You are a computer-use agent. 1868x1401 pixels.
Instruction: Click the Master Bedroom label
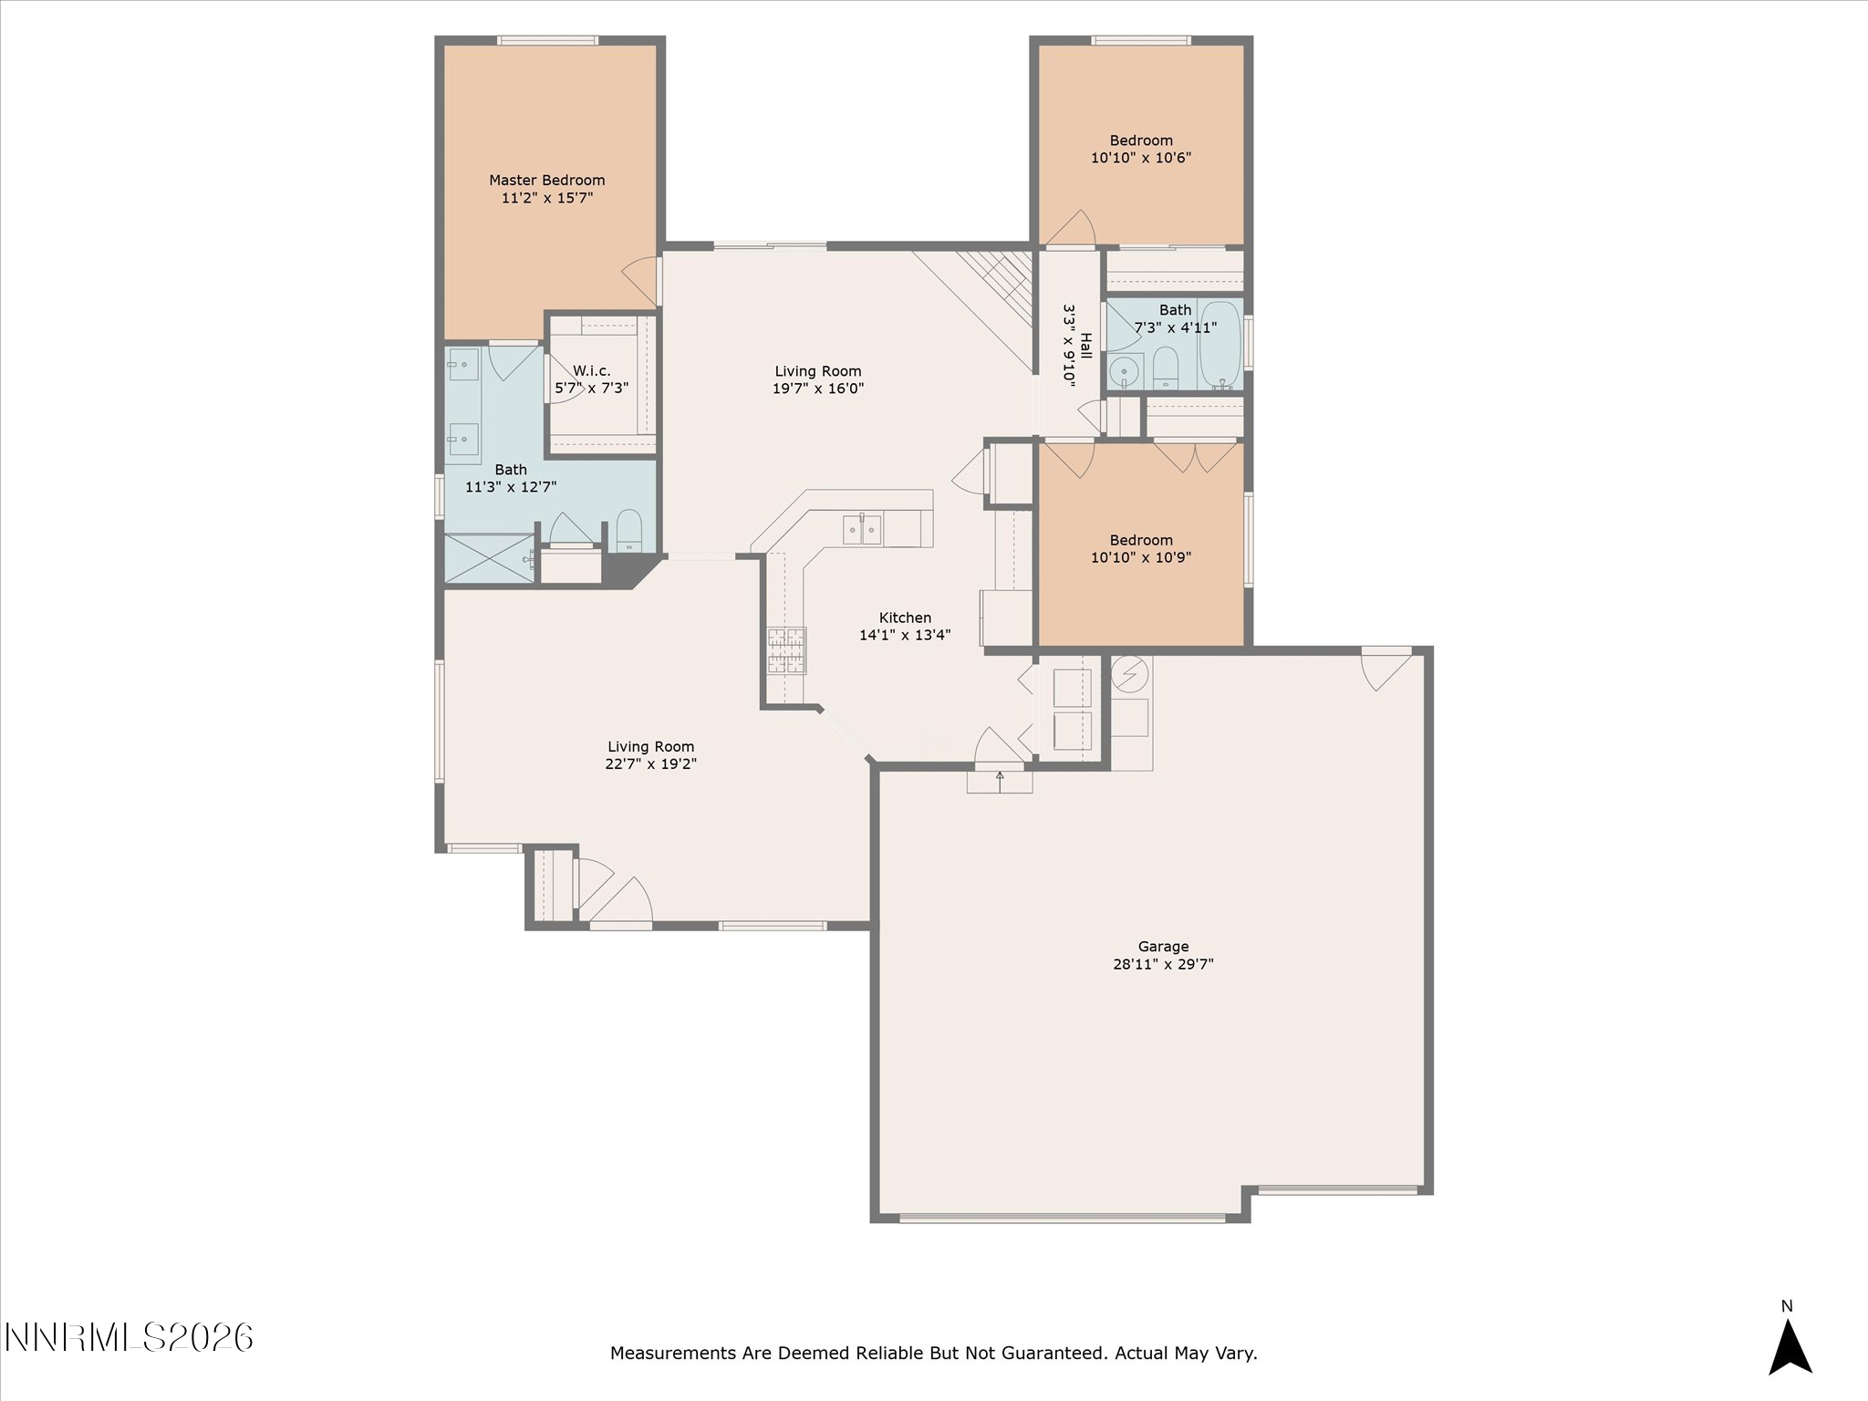546,181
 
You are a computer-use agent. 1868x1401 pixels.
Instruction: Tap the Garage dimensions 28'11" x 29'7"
1163,963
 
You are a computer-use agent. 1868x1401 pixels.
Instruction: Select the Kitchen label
905,617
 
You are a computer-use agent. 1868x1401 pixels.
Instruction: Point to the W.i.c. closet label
592,370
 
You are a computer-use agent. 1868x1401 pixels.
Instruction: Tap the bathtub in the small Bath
1220,345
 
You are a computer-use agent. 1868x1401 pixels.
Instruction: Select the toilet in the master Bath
629,532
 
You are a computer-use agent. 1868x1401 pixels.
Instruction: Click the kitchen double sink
862,530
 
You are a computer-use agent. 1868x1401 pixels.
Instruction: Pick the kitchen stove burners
786,650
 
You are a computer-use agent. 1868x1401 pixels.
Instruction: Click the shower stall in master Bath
489,558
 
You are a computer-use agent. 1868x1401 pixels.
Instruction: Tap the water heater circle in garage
1131,675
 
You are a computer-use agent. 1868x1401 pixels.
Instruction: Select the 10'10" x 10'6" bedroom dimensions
1141,157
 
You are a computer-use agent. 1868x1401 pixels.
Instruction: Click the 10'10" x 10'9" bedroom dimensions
1141,556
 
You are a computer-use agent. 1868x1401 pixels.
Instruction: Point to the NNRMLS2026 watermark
129,1338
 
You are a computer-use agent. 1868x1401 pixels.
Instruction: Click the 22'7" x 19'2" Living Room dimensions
650,763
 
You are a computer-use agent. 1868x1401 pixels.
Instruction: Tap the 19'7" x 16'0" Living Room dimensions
818,388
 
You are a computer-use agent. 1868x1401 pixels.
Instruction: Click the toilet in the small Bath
1166,368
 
